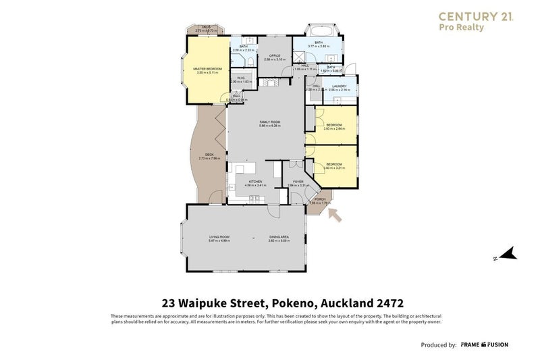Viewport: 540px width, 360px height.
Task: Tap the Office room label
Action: click(275, 55)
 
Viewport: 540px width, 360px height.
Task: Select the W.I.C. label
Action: click(240, 77)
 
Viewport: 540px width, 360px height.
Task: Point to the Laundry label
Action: click(340, 86)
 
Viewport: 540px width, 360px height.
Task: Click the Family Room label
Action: click(270, 122)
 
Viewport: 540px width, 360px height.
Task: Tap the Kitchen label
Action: click(255, 182)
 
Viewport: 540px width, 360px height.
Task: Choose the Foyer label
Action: click(298, 182)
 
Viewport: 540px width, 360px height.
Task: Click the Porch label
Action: click(320, 199)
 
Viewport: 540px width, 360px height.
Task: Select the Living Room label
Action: click(219, 237)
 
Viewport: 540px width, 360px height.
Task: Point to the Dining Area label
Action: click(279, 237)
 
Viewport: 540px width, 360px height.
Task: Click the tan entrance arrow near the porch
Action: click(335, 215)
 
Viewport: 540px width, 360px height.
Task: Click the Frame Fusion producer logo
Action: click(485, 344)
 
